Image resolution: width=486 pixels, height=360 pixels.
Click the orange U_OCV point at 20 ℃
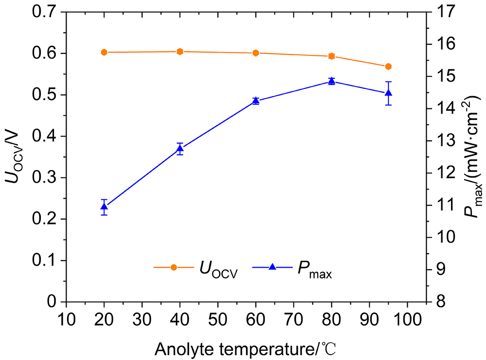pos(104,52)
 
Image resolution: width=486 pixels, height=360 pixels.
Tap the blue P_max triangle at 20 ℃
pos(104,206)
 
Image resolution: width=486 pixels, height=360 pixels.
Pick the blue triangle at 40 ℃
pos(180,149)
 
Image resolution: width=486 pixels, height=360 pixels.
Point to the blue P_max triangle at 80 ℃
pos(331,81)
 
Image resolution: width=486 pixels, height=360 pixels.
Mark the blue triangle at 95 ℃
pos(388,92)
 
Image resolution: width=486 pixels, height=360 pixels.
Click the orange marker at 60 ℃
pos(256,53)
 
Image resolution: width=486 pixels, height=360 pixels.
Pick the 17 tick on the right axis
pos(439,12)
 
